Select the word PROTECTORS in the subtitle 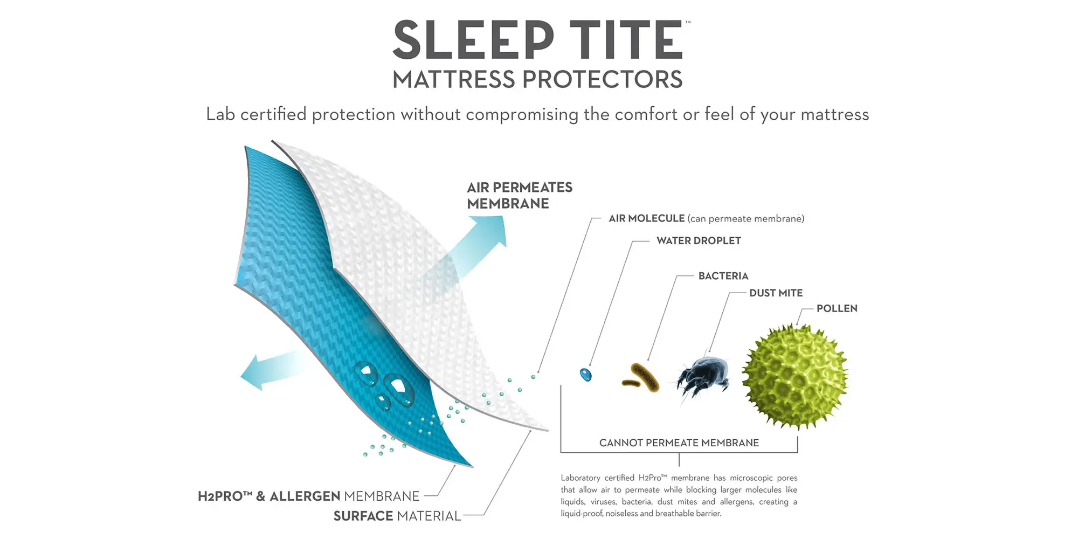[602, 80]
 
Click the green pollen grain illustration [795, 377]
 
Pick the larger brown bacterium [645, 376]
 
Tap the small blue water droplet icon [585, 375]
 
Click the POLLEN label [837, 308]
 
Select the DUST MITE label [776, 293]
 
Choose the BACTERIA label [723, 276]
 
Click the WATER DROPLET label [699, 240]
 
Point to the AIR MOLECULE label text [646, 218]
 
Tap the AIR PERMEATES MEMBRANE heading [520, 195]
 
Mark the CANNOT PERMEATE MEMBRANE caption [679, 443]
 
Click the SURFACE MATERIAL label [397, 516]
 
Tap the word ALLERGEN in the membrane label [305, 496]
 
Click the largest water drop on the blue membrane [399, 389]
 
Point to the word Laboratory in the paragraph [580, 478]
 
